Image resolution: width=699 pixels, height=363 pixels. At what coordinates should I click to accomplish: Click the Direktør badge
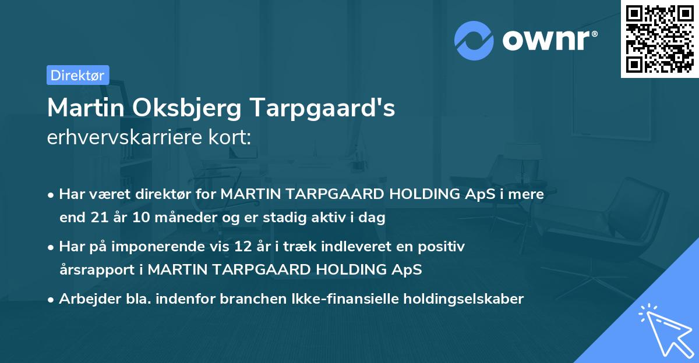(x=77, y=75)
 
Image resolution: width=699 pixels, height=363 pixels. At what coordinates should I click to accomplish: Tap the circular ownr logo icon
(x=474, y=40)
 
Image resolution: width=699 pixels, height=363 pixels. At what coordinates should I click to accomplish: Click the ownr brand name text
(x=550, y=40)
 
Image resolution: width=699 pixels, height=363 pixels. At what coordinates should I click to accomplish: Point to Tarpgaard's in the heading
(x=324, y=108)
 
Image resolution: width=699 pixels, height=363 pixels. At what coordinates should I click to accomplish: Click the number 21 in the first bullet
(x=98, y=218)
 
